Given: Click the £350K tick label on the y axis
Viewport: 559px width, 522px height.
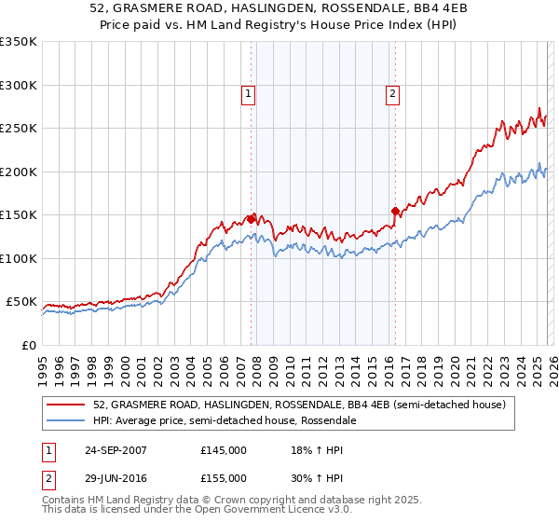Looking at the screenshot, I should [19, 42].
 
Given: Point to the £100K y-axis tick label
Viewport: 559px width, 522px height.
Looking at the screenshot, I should [19, 258].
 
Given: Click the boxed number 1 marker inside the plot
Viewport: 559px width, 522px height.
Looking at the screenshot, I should [250, 93].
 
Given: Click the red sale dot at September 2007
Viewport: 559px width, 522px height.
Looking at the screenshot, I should [252, 219].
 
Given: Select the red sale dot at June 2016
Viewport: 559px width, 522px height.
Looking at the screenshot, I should [395, 211].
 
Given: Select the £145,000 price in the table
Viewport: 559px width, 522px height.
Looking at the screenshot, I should [223, 450].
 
